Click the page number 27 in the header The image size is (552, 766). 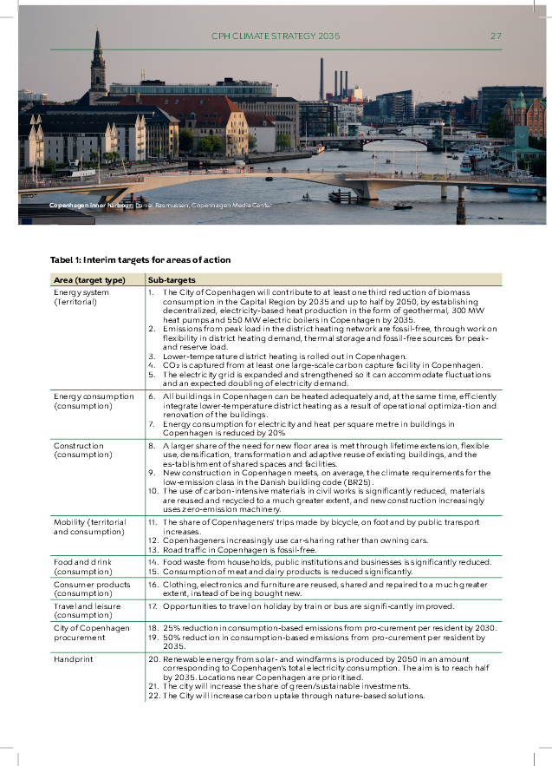[x=497, y=36]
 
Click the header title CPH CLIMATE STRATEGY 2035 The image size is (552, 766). [x=276, y=36]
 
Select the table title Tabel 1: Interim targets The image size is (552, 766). [x=140, y=259]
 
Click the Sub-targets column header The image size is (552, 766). [x=172, y=280]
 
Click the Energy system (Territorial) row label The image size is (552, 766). [x=81, y=298]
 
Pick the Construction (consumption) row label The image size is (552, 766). [x=79, y=450]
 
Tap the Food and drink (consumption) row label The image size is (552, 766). [x=83, y=566]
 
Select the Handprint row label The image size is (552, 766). [x=73, y=659]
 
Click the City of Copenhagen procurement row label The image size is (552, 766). [x=91, y=632]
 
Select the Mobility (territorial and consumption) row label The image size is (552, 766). [x=89, y=527]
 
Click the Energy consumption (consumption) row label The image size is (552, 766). [x=94, y=401]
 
